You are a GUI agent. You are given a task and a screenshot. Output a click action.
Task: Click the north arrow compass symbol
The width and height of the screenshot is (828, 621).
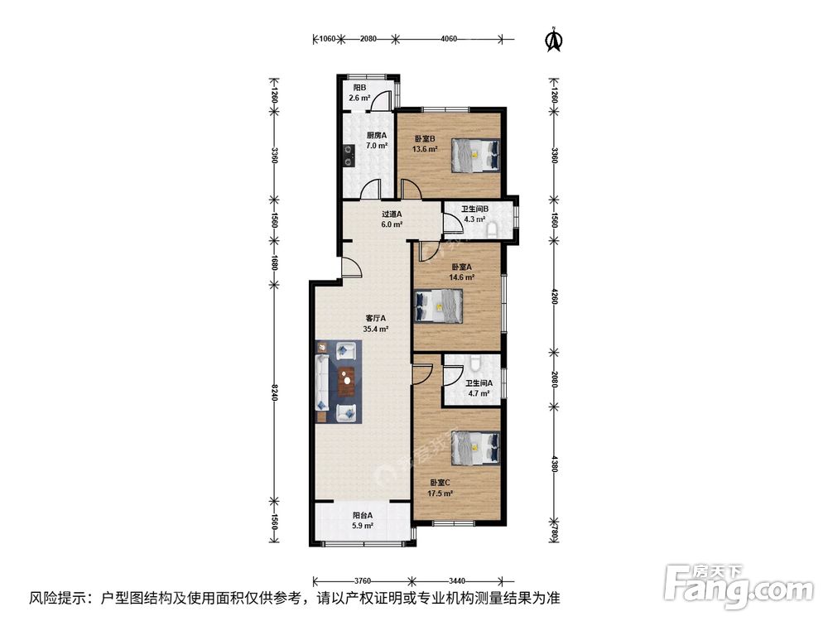(554, 40)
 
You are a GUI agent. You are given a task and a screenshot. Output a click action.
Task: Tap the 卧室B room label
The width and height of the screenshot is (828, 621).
(425, 139)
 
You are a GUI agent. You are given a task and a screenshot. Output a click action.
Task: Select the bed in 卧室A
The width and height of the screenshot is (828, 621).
(439, 306)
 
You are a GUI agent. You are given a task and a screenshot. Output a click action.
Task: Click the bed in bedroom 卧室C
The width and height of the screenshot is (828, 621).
(476, 448)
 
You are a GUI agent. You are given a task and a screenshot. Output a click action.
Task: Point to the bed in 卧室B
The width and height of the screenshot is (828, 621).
(476, 155)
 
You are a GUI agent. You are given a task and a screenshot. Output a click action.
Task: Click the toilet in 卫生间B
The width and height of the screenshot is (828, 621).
(492, 229)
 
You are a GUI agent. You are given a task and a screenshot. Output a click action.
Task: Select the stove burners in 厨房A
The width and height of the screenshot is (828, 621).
(349, 156)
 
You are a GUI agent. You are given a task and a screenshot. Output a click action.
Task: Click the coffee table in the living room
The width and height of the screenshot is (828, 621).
(346, 381)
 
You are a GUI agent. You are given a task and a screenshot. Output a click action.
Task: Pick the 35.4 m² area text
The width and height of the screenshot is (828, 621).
(376, 329)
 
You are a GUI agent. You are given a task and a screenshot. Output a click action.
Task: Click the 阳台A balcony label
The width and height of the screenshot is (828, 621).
(363, 515)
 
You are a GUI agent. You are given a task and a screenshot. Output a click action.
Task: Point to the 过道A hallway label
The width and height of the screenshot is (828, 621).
(392, 214)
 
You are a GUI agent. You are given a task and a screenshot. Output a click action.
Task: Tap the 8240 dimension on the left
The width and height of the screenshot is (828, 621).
(274, 392)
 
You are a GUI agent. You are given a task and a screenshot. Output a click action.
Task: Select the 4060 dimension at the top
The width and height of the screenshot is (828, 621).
(449, 39)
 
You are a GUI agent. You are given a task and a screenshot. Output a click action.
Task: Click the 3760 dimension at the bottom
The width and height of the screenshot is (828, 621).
(363, 581)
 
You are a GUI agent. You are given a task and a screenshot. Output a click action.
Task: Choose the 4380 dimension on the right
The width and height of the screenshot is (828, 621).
(554, 463)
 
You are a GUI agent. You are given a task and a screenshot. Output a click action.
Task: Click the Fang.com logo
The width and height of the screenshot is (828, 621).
(739, 585)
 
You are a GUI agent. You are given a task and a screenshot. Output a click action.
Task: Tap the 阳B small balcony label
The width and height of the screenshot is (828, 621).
(359, 88)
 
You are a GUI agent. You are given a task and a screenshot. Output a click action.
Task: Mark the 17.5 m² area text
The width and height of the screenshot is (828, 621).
(440, 493)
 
